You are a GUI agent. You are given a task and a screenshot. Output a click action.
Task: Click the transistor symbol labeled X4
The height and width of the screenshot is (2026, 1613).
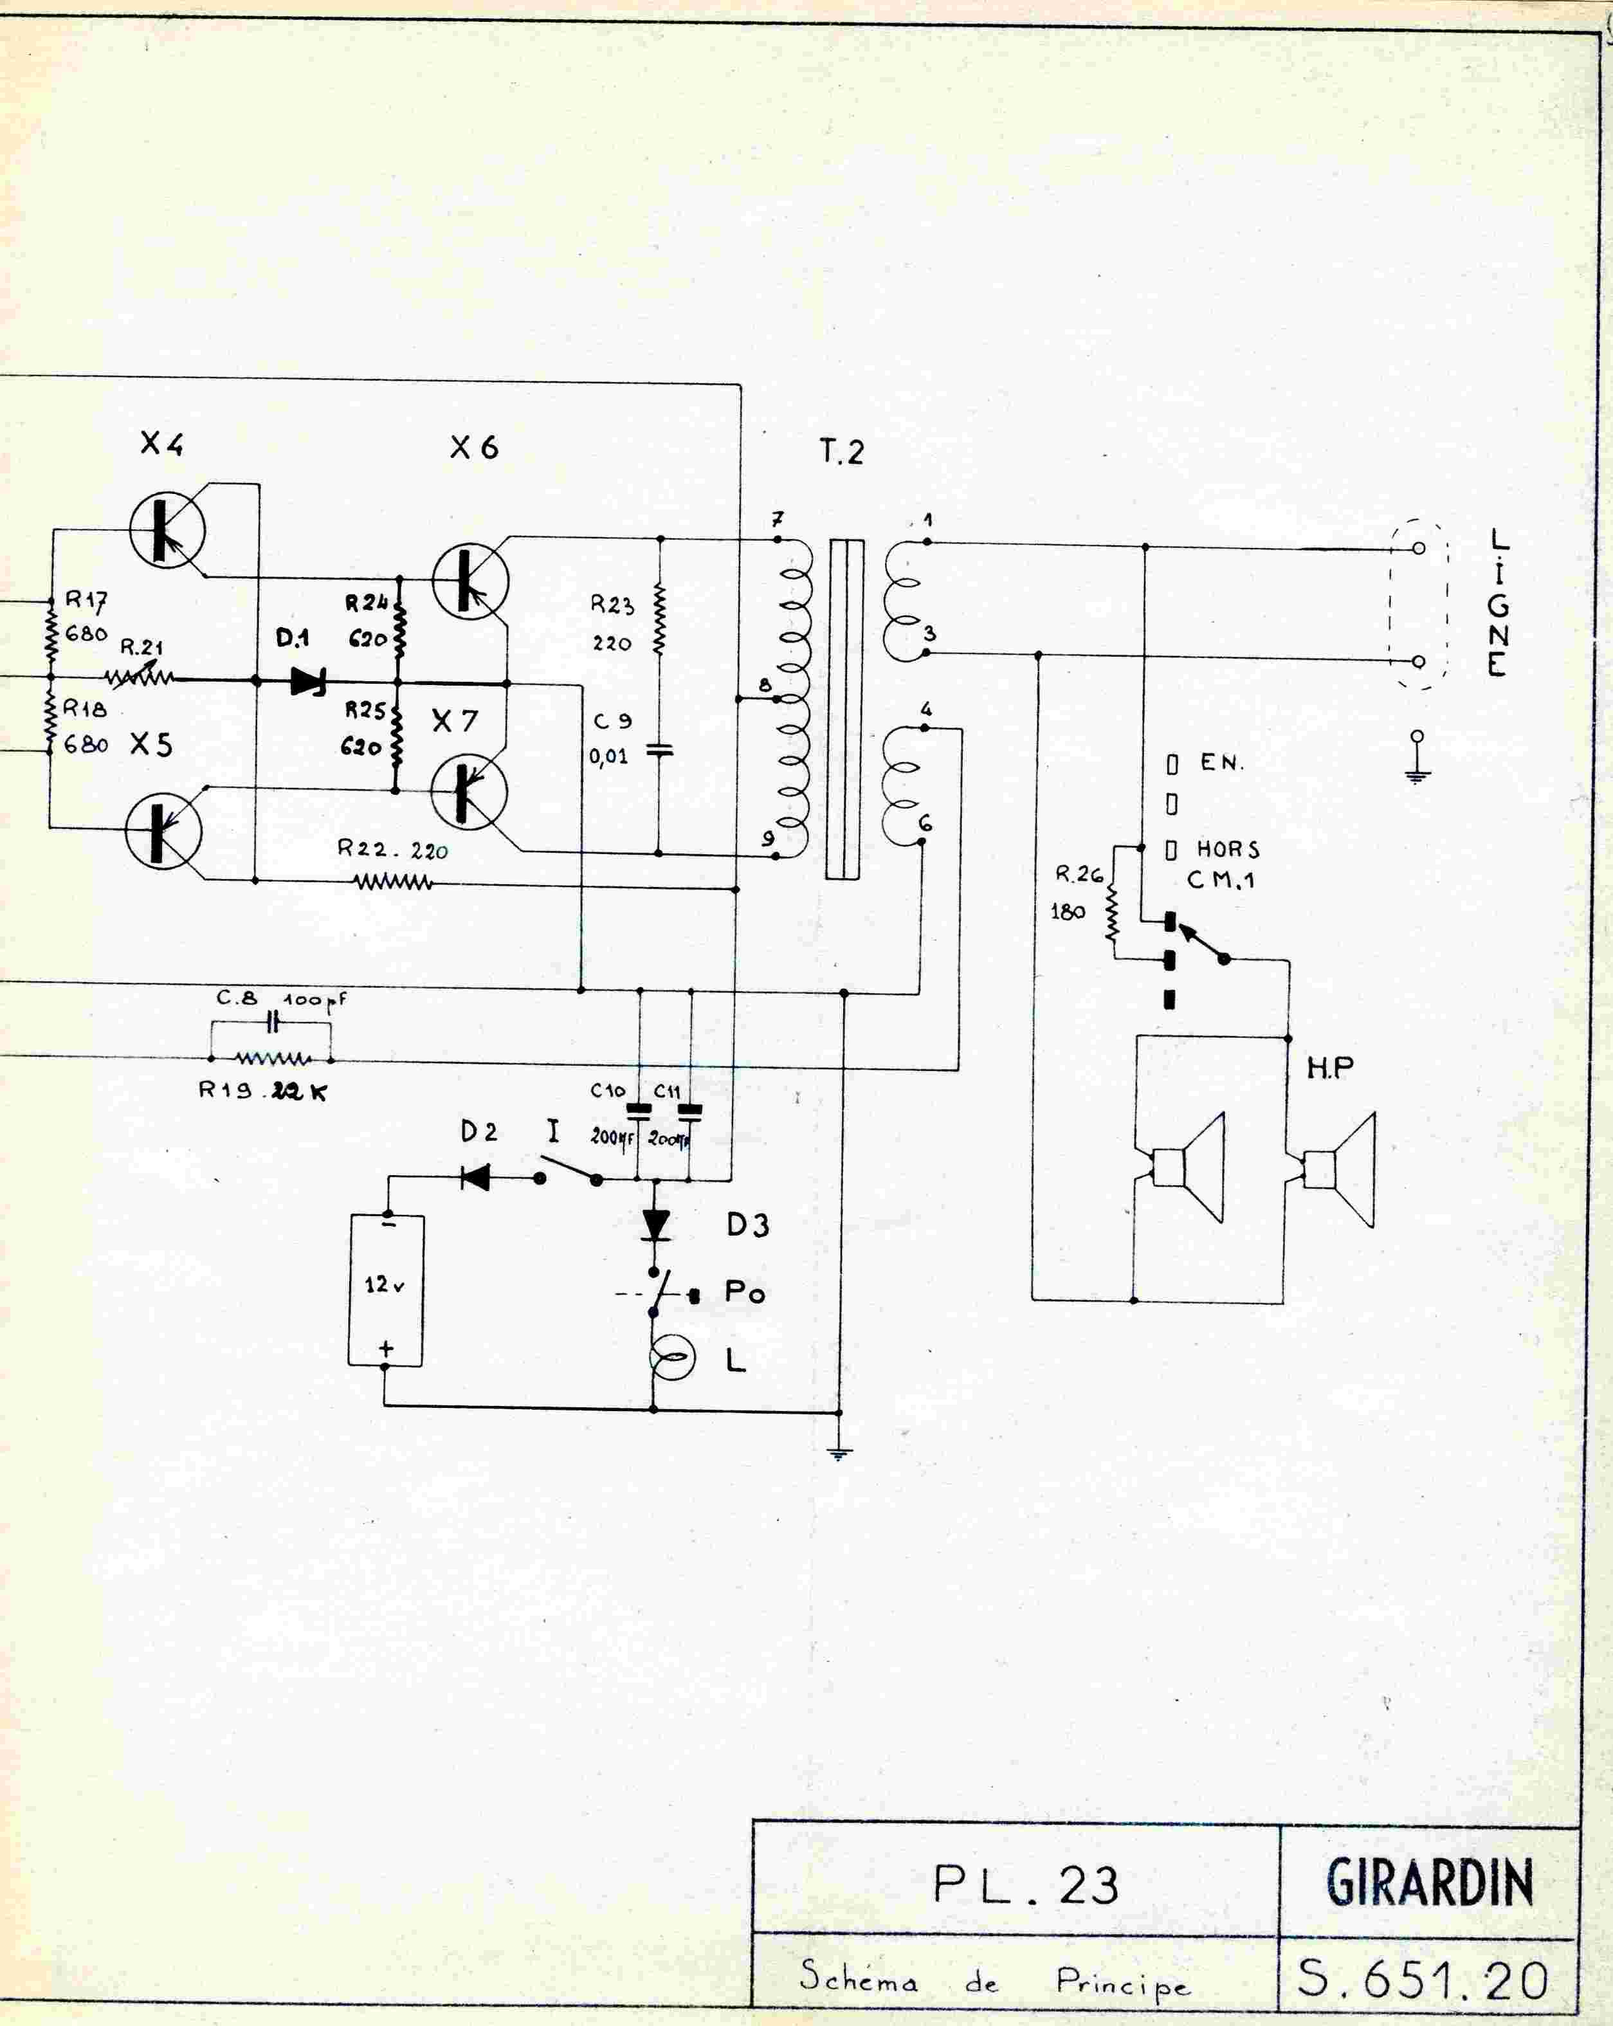click(167, 531)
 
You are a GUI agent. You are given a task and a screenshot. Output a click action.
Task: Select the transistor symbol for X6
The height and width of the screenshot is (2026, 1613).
click(469, 581)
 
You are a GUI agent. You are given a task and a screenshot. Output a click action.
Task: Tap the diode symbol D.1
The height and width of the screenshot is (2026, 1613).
click(308, 681)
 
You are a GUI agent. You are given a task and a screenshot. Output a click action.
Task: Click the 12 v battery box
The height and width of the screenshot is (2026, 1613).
click(385, 1290)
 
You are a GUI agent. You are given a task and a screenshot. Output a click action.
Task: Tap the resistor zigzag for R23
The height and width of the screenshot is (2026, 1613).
click(659, 620)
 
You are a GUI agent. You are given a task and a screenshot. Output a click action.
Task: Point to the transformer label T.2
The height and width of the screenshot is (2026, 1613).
click(841, 452)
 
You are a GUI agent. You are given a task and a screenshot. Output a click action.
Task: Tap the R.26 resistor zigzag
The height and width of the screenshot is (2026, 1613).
click(1113, 911)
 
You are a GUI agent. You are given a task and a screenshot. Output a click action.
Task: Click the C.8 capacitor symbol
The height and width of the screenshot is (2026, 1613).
click(273, 1021)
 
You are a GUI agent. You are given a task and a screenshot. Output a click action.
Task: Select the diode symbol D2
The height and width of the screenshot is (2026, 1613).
click(475, 1178)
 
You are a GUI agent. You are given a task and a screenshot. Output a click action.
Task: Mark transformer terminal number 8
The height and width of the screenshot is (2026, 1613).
click(765, 686)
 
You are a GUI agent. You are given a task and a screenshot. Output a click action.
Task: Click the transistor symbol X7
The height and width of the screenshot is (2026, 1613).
click(468, 791)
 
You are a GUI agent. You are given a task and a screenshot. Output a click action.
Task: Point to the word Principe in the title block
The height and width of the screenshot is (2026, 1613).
click(1123, 1983)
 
